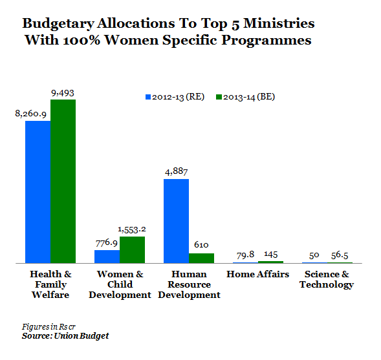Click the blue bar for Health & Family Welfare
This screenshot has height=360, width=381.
coord(38,192)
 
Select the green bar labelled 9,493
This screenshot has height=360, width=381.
coord(63,182)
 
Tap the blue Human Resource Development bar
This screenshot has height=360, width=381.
coord(176,221)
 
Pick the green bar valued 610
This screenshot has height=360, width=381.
coord(201,259)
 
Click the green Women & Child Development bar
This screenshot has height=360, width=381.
coord(132,249)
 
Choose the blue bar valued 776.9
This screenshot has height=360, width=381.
coord(107,257)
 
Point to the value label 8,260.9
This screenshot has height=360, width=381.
coord(30,114)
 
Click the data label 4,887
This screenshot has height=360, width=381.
coord(177,172)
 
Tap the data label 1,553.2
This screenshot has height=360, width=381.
coord(132,229)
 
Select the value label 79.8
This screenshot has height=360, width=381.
coord(245,255)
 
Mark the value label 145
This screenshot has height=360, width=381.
coord(271,255)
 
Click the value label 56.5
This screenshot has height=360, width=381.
coord(340,255)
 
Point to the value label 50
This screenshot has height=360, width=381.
coord(314,255)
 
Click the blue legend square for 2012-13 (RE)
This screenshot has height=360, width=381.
coord(148,97)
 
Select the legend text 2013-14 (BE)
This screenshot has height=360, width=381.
coord(249,97)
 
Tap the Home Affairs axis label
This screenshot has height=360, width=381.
coord(258,274)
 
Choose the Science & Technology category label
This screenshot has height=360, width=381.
coord(327,280)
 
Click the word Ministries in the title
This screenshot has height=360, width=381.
coord(279,23)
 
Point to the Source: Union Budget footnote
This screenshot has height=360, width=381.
coord(65,336)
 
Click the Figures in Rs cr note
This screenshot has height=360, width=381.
coord(49,327)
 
